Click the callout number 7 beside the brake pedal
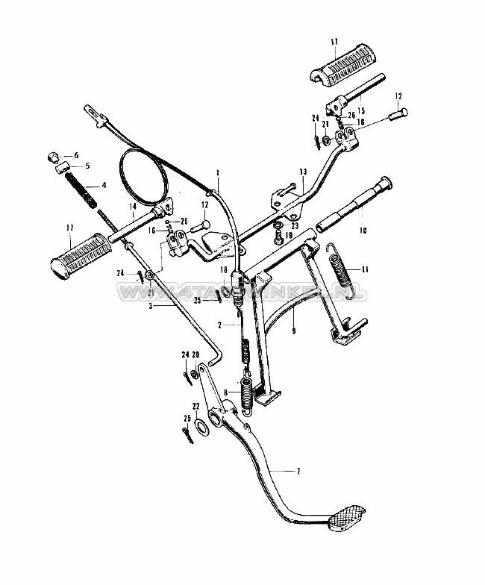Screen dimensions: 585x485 coord(299,471)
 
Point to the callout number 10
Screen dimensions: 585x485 coord(364,231)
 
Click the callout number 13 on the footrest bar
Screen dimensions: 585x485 coord(303,171)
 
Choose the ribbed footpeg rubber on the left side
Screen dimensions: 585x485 coord(77,253)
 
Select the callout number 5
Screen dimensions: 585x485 coord(87,166)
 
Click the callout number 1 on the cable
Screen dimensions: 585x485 coord(217,173)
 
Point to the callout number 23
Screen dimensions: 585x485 coord(295,225)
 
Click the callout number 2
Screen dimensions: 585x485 coord(220,325)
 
